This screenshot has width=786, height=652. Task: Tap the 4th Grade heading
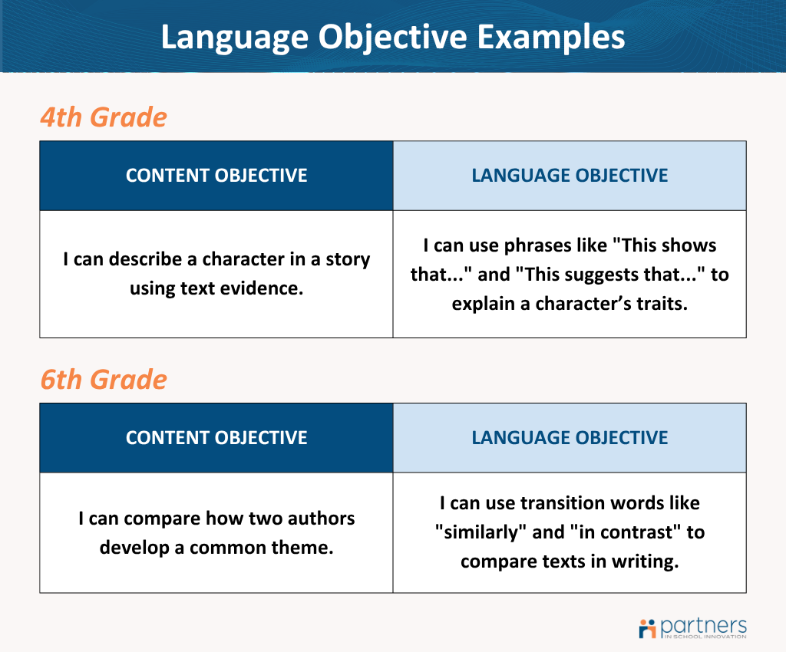tap(103, 117)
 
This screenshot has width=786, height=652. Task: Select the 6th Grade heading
tap(103, 380)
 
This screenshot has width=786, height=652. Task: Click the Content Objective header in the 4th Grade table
tap(216, 176)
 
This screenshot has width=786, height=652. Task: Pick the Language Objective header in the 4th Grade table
tap(570, 176)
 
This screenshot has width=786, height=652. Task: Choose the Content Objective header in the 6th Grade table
tap(216, 438)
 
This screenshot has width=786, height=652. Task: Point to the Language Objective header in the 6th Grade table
tap(570, 438)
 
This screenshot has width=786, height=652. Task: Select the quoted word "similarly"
tap(489, 532)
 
